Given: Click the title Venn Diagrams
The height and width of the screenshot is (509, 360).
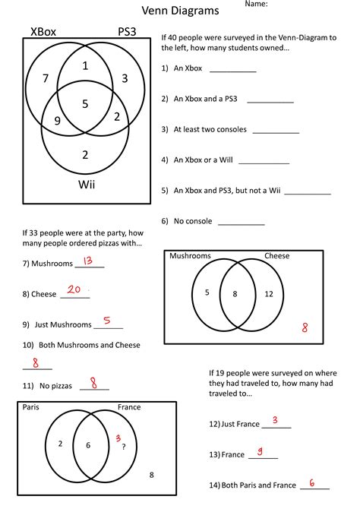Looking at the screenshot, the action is tap(180, 11).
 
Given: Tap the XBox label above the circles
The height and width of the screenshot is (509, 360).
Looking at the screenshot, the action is tap(43, 32).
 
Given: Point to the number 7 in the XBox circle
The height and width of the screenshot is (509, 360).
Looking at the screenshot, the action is tap(46, 78).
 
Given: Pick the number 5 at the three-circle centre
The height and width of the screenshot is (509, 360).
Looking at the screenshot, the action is tap(85, 103).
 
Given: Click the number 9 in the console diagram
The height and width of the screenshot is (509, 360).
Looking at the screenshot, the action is tap(57, 121).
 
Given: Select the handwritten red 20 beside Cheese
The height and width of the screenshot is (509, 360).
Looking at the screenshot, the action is tap(74, 289).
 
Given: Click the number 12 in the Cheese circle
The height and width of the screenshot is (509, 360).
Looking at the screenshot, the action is tap(269, 293).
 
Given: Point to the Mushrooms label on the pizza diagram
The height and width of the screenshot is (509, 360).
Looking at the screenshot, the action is tap(190, 256).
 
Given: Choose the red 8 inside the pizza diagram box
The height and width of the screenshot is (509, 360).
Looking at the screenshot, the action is tap(305, 327).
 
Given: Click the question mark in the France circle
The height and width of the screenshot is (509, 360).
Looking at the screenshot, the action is tap(124, 447).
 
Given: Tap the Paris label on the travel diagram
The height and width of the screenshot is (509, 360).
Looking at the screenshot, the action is tap(31, 407).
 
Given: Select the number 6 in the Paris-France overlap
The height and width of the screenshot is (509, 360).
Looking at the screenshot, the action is tap(88, 445).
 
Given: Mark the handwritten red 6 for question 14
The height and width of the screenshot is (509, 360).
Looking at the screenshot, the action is tap(313, 482).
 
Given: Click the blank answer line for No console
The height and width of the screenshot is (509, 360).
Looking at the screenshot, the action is tap(242, 224).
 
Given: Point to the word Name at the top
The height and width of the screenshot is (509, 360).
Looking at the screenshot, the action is tap(256, 5).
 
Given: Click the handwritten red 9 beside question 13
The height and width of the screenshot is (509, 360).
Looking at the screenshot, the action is tap(260, 452).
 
